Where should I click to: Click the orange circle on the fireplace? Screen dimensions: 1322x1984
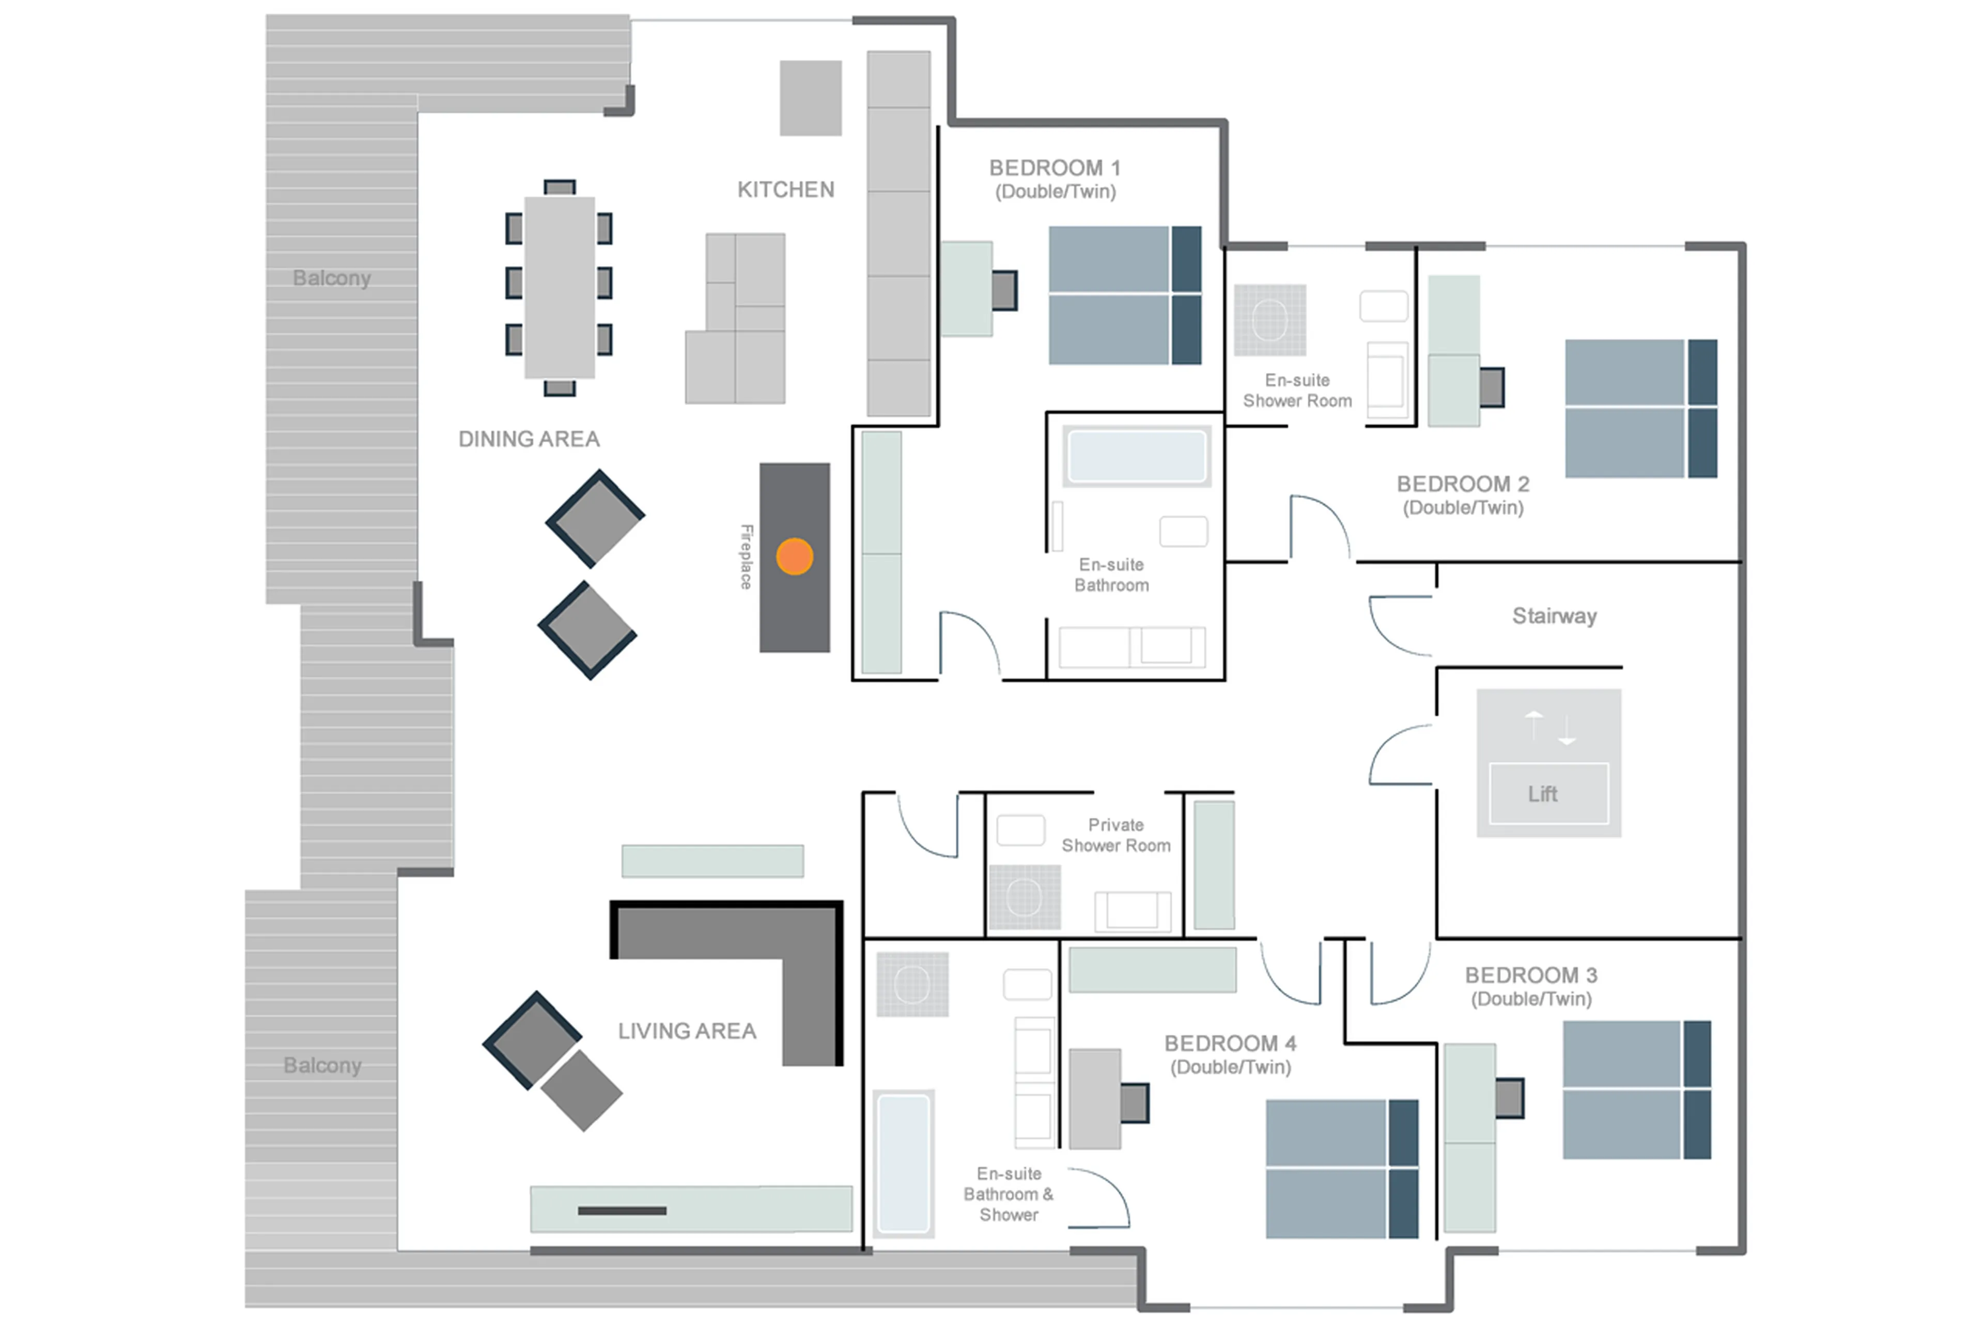(794, 556)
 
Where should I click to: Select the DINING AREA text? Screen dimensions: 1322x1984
(529, 439)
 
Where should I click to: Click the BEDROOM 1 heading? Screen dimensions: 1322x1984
(1054, 168)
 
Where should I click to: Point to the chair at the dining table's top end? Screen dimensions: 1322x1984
(559, 187)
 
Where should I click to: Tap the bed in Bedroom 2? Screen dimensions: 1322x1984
(1640, 409)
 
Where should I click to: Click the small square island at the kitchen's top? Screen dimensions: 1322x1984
(810, 98)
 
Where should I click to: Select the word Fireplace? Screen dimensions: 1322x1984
(746, 556)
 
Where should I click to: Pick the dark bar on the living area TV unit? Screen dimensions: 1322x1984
(622, 1211)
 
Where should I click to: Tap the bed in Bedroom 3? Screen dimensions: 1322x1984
(1636, 1090)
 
